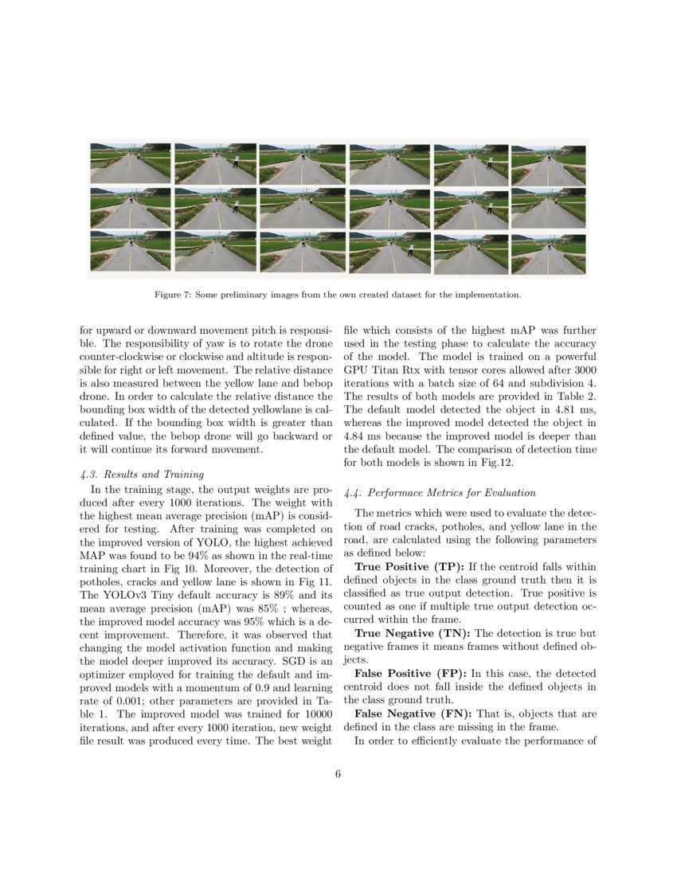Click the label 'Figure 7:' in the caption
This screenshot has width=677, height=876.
tap(172, 295)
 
